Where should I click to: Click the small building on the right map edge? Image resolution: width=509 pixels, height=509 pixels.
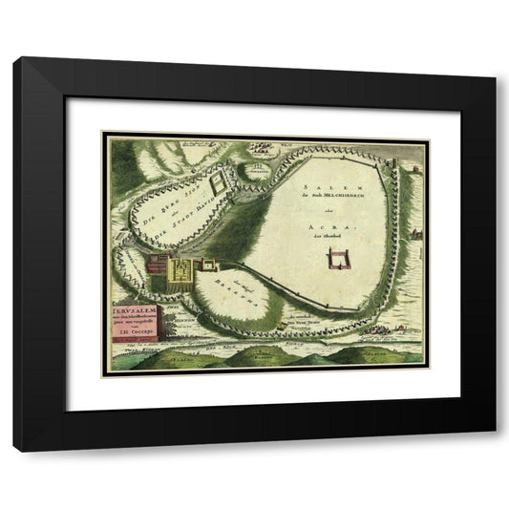point(416,232)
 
